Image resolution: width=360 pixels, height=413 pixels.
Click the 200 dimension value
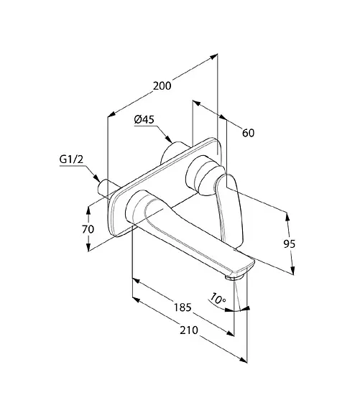[x=162, y=86]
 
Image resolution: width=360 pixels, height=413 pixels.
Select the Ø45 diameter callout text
[x=144, y=120]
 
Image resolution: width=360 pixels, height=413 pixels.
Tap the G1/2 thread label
[x=71, y=159]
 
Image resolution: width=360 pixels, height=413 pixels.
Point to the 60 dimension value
[x=248, y=133]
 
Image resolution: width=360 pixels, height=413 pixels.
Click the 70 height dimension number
[x=88, y=229]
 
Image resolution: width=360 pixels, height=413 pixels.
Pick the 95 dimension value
[x=290, y=244]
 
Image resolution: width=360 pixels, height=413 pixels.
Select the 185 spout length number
[x=183, y=307]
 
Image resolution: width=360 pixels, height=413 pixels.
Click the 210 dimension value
[x=189, y=330]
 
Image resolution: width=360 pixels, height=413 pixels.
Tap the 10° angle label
[x=218, y=299]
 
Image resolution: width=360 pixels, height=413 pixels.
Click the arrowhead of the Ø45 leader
[x=169, y=139]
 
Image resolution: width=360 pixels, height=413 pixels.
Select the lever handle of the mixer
[x=229, y=208]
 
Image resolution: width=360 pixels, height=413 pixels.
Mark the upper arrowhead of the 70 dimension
[x=88, y=210]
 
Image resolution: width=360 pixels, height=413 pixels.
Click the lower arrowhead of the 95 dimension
[x=292, y=271]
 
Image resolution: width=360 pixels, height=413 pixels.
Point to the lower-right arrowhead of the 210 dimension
[x=244, y=360]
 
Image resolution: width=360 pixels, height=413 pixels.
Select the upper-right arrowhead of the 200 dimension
[x=213, y=56]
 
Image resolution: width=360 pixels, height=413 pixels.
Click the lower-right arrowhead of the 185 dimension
[x=231, y=333]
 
